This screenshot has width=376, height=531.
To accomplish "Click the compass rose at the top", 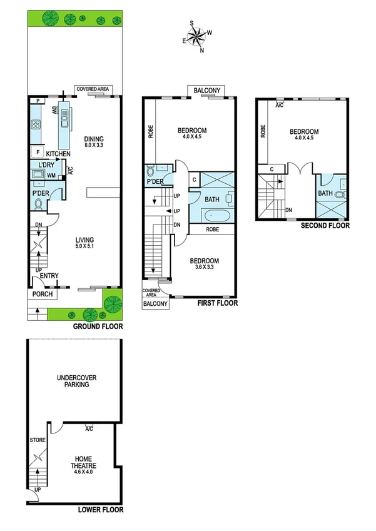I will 196,37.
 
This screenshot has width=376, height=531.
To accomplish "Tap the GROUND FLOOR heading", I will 98,326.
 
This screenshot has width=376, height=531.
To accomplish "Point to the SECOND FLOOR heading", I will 325,226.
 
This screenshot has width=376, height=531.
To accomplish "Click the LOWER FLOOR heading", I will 100,510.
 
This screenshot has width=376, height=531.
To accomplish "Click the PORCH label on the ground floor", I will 41,294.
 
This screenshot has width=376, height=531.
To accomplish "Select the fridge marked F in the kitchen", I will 38,152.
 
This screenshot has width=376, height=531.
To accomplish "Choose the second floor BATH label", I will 325,193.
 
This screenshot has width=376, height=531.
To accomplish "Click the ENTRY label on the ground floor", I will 49,276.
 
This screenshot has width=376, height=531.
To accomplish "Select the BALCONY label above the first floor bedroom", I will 206,91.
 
